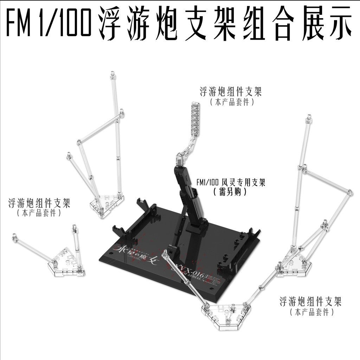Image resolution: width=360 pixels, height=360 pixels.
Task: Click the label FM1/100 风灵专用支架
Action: pos(231,183)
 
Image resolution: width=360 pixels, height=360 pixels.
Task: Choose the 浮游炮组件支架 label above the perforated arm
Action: pos(231,92)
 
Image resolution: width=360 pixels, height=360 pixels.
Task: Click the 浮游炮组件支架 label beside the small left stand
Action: pos(39,203)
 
